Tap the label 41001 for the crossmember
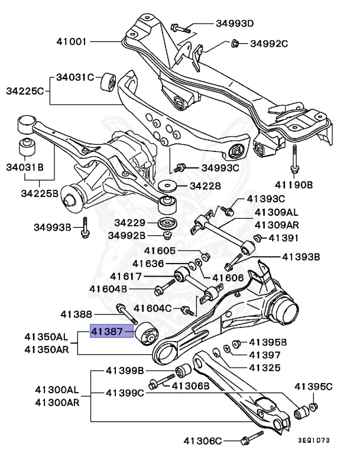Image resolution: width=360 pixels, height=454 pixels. [x=72, y=42]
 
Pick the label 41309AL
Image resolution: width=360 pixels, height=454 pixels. [x=277, y=212]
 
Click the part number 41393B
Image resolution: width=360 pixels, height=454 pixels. [x=301, y=257]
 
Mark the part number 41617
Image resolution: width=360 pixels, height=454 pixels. [x=126, y=276]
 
